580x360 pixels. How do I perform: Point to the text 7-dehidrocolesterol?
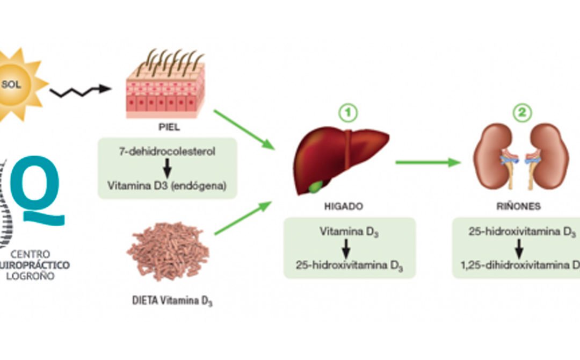(167, 152)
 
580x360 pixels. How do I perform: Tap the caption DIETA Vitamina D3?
(172, 300)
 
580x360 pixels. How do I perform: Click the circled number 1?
(347, 112)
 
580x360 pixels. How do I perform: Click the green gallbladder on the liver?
(315, 187)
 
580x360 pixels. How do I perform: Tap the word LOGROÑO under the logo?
(37, 276)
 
